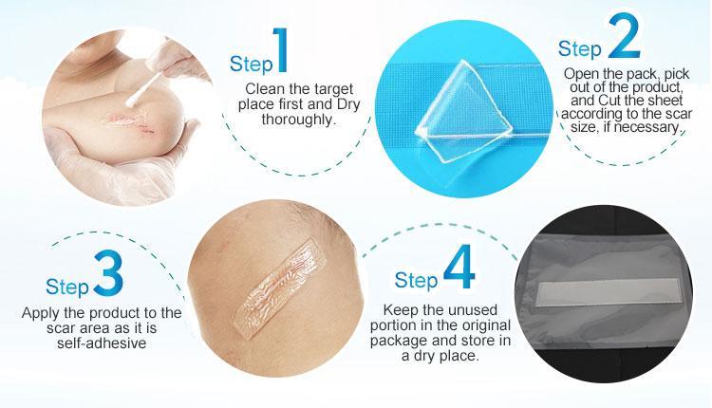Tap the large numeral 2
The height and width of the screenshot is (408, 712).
click(x=624, y=36)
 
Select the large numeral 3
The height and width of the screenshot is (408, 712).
click(x=108, y=272)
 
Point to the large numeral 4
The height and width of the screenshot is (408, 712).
click(x=459, y=268)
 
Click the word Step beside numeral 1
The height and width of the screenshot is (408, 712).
click(x=252, y=64)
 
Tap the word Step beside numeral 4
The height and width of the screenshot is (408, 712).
click(x=416, y=280)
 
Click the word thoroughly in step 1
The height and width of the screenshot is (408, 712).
click(x=298, y=120)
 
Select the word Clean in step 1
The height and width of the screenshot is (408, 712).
click(x=264, y=88)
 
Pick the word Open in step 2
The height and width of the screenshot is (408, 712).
click(x=580, y=73)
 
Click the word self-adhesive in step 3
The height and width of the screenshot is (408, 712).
click(x=102, y=343)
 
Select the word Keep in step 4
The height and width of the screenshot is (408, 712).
click(x=401, y=310)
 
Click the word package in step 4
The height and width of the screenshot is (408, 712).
click(x=400, y=341)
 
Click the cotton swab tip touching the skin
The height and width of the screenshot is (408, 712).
click(x=132, y=102)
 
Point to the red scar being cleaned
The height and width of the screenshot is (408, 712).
click(x=131, y=123)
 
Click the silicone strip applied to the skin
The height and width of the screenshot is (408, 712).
click(x=279, y=289)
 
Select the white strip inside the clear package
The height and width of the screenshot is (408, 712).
click(x=608, y=292)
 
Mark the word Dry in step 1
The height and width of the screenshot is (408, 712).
click(x=347, y=104)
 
